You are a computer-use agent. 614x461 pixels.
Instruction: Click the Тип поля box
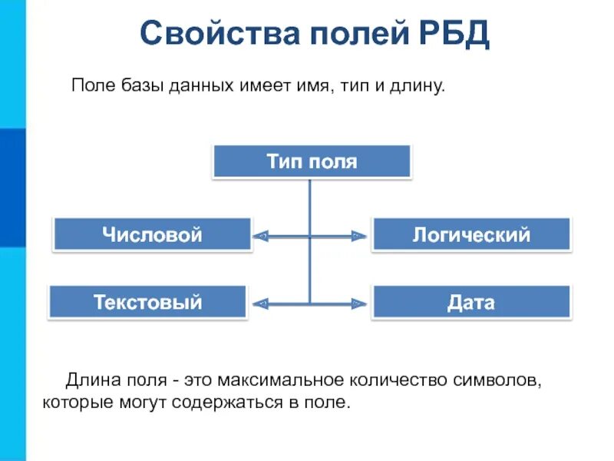pos(312,162)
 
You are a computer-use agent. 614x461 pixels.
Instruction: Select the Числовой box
pos(152,234)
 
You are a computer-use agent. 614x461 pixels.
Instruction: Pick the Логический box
pos(471,234)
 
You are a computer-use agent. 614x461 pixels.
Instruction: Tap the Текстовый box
pos(148,302)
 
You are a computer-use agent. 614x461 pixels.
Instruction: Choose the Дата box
pos(471,302)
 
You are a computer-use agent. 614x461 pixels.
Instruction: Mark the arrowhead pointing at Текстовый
pos(260,303)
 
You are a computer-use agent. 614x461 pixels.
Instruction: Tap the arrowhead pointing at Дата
pos(359,303)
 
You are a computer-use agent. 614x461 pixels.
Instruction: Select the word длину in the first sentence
pos(418,86)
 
